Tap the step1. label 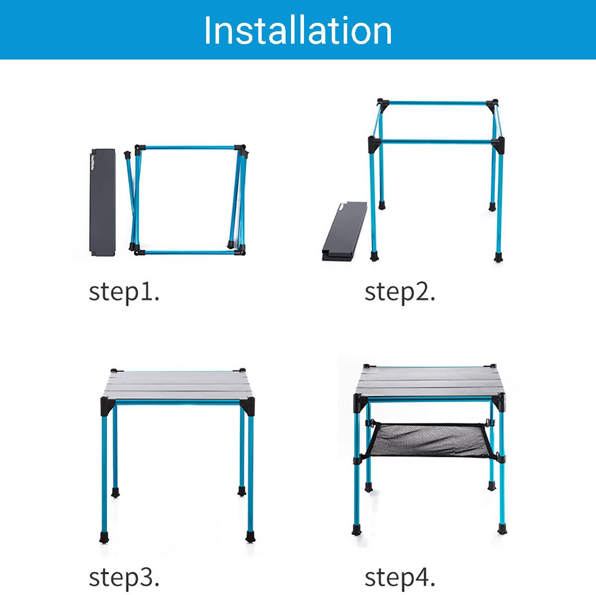pyautogui.click(x=124, y=292)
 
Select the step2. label pyautogui.click(x=400, y=292)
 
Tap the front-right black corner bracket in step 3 pyautogui.click(x=248, y=404)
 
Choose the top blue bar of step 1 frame pyautogui.click(x=189, y=147)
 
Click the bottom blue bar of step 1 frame pyautogui.click(x=189, y=253)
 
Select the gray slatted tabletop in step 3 pyautogui.click(x=178, y=385)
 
